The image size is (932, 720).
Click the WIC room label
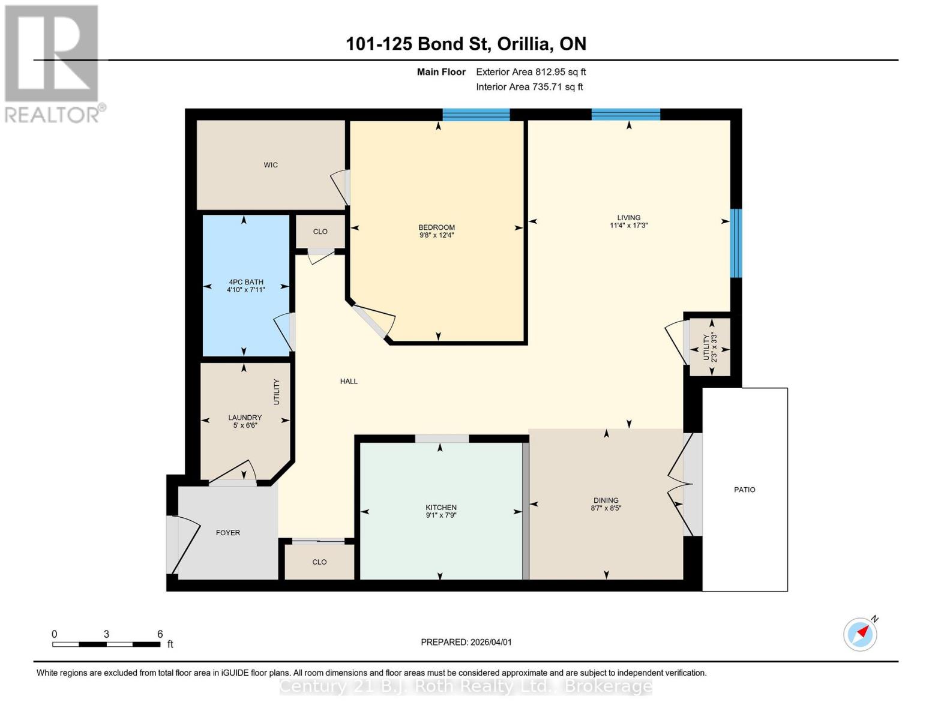coord(271,165)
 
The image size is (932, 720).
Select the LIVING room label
coord(628,218)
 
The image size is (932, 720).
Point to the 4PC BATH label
coord(245,282)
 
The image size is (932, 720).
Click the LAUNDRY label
coord(245,418)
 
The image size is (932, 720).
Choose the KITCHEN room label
coord(441,508)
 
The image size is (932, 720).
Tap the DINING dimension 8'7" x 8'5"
coord(606,508)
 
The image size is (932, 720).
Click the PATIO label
coord(744,490)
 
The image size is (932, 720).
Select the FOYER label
coord(228,533)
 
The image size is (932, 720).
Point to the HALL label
coord(349,381)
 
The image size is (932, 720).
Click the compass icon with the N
coord(860,634)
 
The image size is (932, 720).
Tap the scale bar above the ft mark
coord(106,644)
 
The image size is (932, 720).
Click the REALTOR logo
coord(52,63)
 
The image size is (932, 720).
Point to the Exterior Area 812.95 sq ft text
coord(531,72)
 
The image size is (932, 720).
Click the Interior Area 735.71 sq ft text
coord(529,87)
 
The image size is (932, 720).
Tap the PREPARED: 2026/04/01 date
coord(466,642)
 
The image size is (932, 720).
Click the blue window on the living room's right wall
coord(736,243)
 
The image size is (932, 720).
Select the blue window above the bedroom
coord(476,115)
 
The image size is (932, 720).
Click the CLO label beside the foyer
coord(319,562)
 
